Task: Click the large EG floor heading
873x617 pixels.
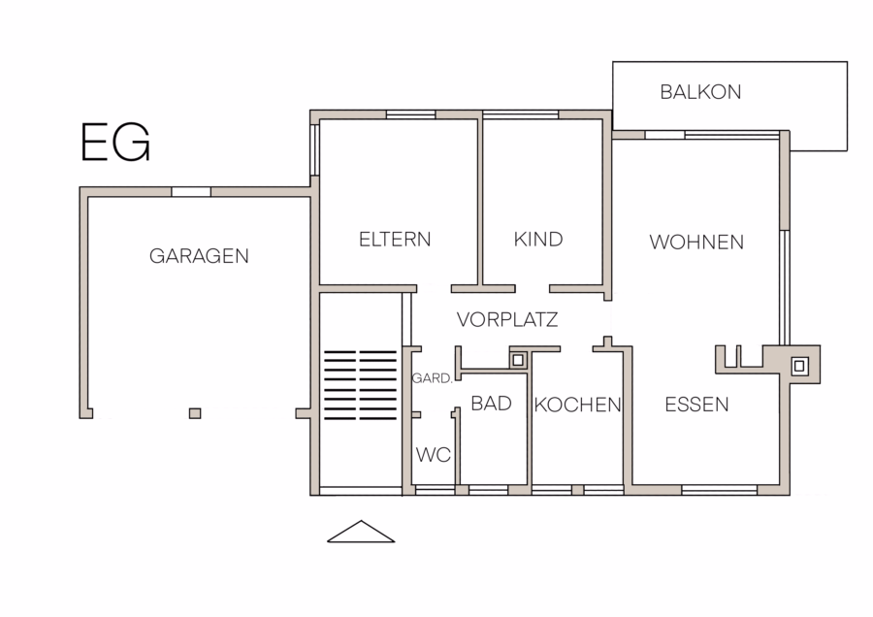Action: pos(115,143)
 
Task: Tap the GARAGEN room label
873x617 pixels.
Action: pos(199,256)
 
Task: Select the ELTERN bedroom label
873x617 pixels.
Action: pos(395,240)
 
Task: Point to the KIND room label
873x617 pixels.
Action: pos(537,240)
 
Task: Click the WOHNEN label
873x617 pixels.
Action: pos(696,243)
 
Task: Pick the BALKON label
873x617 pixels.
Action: pos(700,92)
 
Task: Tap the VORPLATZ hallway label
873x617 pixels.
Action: pos(507,319)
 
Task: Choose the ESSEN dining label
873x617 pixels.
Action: pos(696,405)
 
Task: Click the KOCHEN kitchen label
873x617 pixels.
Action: pos(577,405)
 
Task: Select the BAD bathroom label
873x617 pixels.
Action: pos(491,404)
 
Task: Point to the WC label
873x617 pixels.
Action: pos(434,455)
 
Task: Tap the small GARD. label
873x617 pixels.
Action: pos(432,378)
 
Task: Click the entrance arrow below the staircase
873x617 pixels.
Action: pos(361,532)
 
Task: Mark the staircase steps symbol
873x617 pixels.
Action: pos(360,384)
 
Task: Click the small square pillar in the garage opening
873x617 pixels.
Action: pos(195,413)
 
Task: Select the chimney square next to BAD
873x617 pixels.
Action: pos(518,360)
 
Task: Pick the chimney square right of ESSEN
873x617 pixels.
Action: pos(799,366)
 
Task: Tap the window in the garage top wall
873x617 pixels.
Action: pos(191,192)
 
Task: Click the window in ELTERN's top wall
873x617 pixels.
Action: pos(411,114)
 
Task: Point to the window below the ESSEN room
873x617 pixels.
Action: pos(719,490)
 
